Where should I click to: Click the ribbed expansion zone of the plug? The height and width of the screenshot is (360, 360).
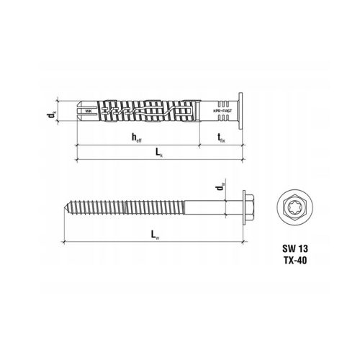pos(144,113)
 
